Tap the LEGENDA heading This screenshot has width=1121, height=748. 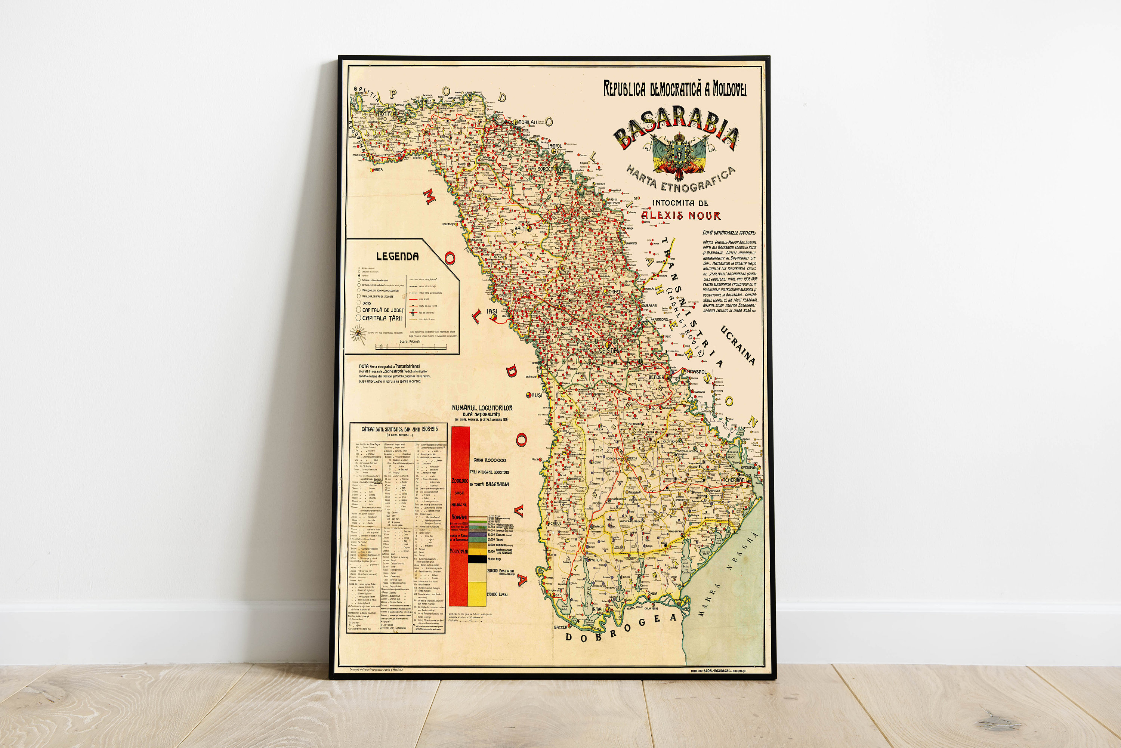click(x=397, y=256)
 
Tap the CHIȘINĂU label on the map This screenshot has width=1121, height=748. click(x=609, y=350)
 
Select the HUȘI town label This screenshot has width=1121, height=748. click(x=537, y=395)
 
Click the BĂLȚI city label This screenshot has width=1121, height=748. click(x=519, y=229)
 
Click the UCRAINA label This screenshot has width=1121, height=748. click(x=738, y=345)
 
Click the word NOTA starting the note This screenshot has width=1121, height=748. click(x=364, y=366)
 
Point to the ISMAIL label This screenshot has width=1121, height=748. click(x=598, y=609)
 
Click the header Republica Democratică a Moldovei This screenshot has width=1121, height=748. click(x=675, y=89)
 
